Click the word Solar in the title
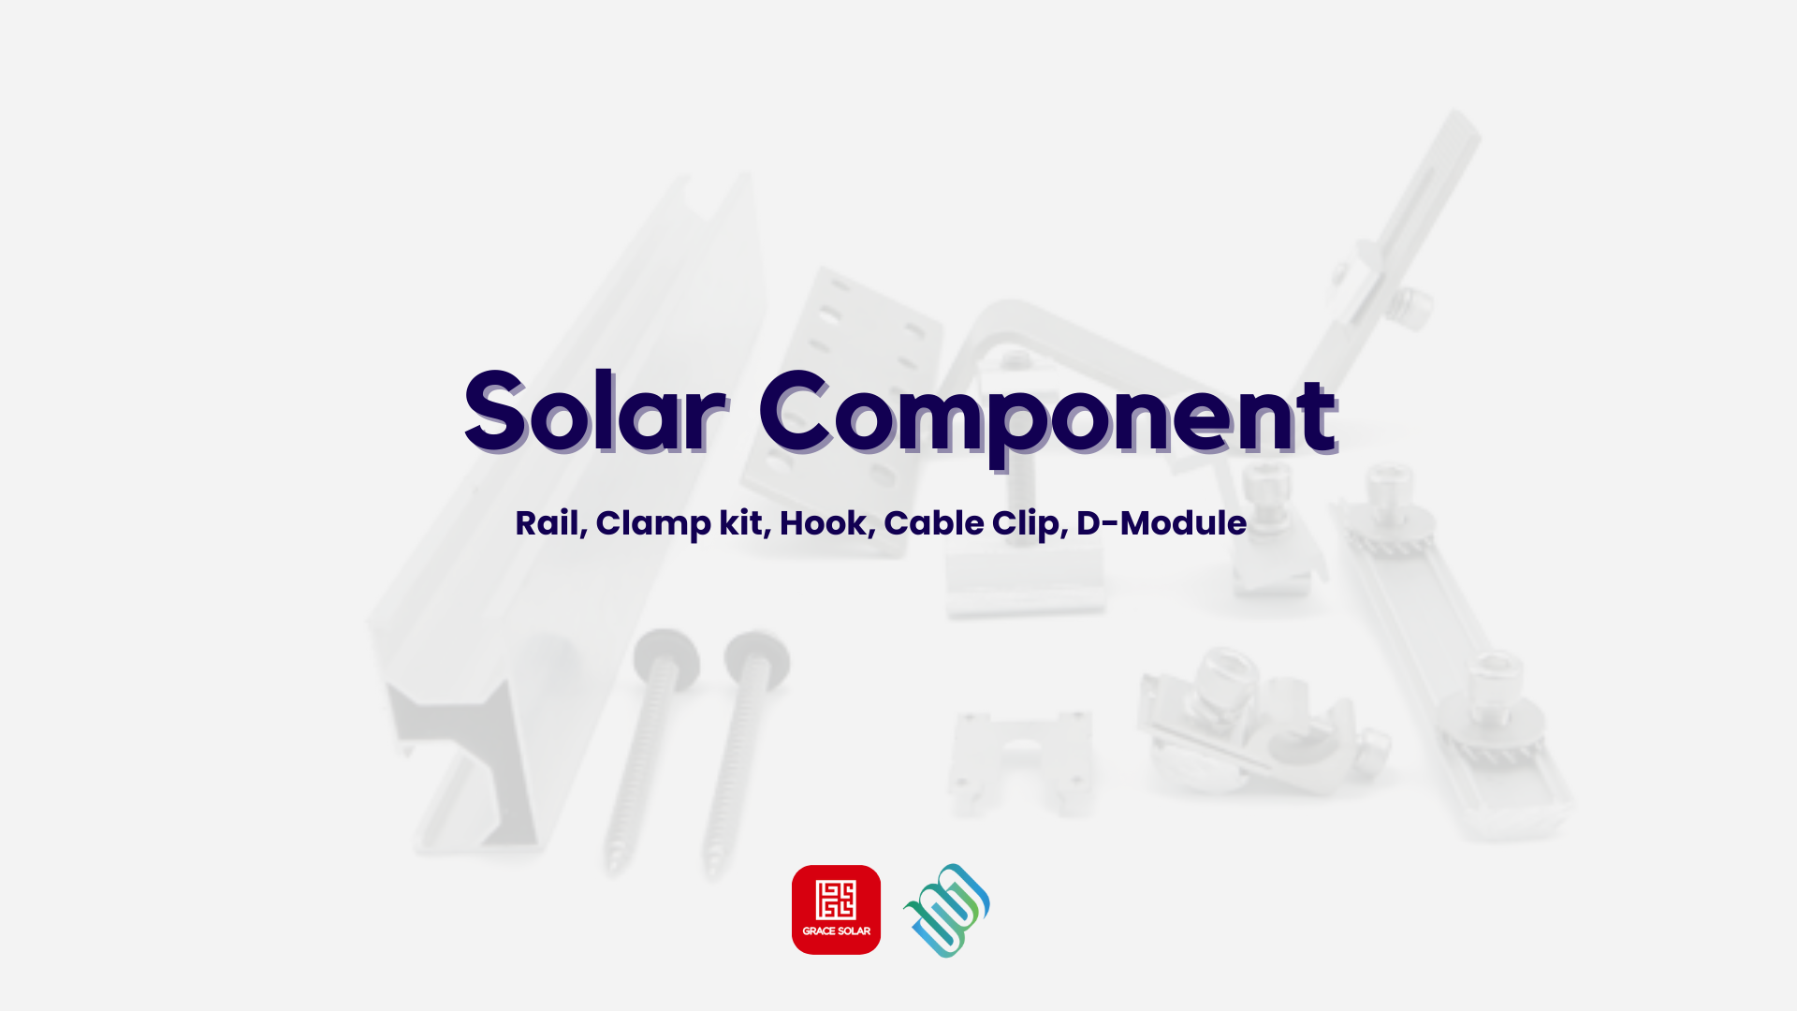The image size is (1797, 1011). (x=595, y=412)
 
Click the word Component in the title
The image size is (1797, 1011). (x=1048, y=418)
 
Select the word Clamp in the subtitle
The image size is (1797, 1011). (x=652, y=524)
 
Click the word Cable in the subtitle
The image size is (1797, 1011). (x=934, y=523)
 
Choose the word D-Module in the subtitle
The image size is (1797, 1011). (x=1161, y=523)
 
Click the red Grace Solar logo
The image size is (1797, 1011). (x=836, y=910)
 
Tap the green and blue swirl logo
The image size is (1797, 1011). (x=946, y=910)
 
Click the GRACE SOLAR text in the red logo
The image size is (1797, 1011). (x=836, y=931)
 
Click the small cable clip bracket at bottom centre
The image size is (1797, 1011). (x=1022, y=761)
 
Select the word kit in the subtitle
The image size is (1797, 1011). (x=741, y=523)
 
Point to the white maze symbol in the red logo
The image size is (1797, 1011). (x=836, y=900)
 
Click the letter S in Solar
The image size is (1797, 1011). (x=494, y=412)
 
